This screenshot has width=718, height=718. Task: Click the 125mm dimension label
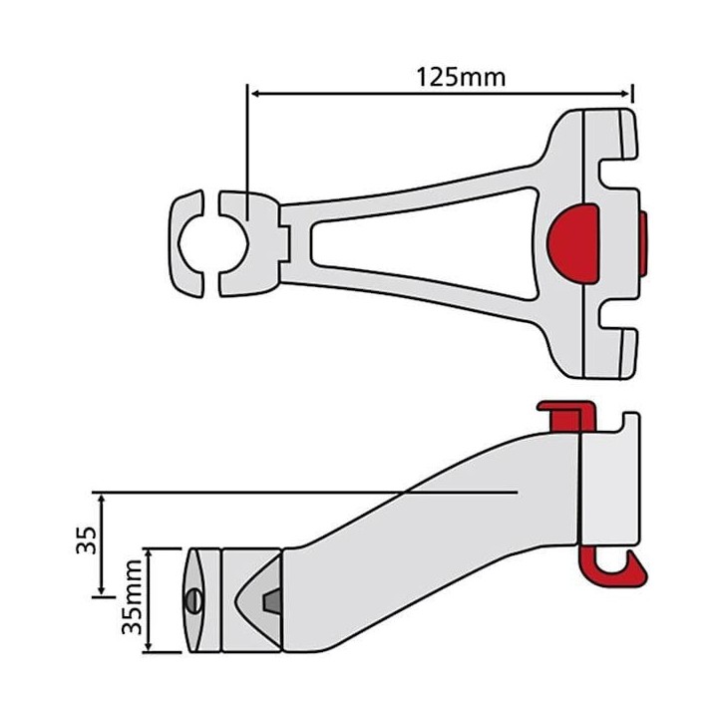(x=460, y=76)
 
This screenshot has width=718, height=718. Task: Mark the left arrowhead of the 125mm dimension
(x=252, y=94)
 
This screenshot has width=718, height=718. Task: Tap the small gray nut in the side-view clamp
(x=268, y=600)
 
